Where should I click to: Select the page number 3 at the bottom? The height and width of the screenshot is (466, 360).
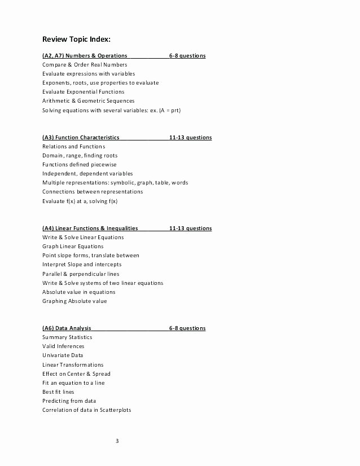pos(117,441)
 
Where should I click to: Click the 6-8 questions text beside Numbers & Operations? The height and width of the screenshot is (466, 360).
pos(187,56)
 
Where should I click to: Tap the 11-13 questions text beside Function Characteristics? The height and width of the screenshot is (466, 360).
pos(190,137)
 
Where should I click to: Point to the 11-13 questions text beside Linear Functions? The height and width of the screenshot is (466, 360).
pos(190,228)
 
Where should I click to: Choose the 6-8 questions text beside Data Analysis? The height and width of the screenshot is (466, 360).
pos(187,328)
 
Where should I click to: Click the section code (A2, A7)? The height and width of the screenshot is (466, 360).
pos(54,56)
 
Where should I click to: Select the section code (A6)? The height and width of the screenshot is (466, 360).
pos(49,328)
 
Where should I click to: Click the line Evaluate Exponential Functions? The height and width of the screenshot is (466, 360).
pos(84,91)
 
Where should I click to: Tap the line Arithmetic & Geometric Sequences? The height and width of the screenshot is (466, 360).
pos(88,101)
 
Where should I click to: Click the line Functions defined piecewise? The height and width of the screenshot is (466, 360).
pos(80,165)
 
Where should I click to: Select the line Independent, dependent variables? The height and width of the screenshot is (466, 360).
pos(87,174)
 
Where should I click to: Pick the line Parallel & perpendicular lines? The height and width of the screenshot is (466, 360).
pos(81,274)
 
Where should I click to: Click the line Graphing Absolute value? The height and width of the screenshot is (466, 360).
pos(74,301)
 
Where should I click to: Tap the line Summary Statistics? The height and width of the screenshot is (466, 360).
pos(67,337)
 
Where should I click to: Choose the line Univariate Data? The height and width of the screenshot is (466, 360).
pos(63,355)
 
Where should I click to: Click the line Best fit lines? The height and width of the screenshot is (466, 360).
pos(58,392)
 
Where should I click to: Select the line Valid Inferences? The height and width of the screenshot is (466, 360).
pos(63,346)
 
